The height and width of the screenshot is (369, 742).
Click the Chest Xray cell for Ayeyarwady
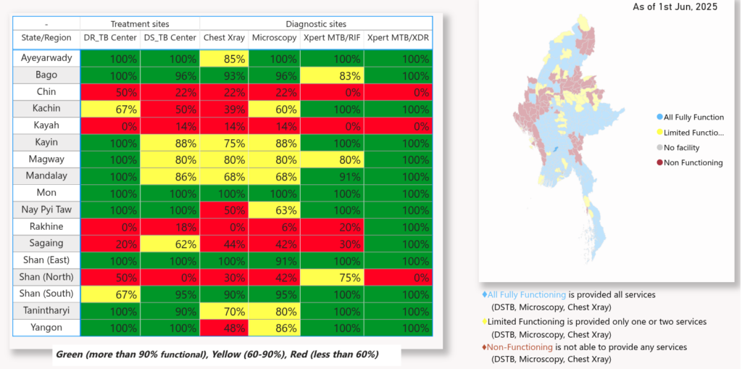224,58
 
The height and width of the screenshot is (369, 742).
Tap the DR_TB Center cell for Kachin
109,109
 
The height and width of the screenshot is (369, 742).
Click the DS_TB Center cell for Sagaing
170,244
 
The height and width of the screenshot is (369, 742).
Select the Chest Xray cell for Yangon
224,328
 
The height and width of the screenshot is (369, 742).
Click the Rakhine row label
46,226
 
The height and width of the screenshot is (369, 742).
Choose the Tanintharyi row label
46,310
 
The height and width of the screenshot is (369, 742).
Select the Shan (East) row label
46,260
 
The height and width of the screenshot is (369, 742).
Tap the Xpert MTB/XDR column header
396,38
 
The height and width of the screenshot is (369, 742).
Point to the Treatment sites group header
139,24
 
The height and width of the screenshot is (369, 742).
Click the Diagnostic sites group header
316,24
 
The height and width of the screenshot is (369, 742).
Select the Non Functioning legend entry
693,162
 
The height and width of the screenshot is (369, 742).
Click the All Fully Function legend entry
693,117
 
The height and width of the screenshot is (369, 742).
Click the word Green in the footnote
70,355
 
